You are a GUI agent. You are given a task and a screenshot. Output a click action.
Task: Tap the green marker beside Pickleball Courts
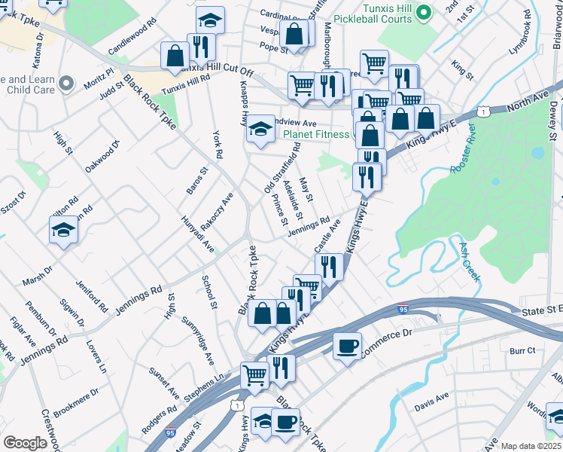[424, 12]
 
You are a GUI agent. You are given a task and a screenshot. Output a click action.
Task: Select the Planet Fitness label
[316, 135]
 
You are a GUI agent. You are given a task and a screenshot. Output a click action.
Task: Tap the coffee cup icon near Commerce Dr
[347, 346]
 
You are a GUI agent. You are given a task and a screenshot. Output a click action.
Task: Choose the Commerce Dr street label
[388, 343]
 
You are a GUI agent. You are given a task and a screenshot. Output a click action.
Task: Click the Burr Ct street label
[522, 350]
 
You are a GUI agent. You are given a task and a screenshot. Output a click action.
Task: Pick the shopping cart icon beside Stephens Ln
[255, 373]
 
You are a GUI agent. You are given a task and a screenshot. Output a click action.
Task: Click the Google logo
[25, 443]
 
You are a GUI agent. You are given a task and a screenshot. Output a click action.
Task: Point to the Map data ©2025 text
[531, 446]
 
